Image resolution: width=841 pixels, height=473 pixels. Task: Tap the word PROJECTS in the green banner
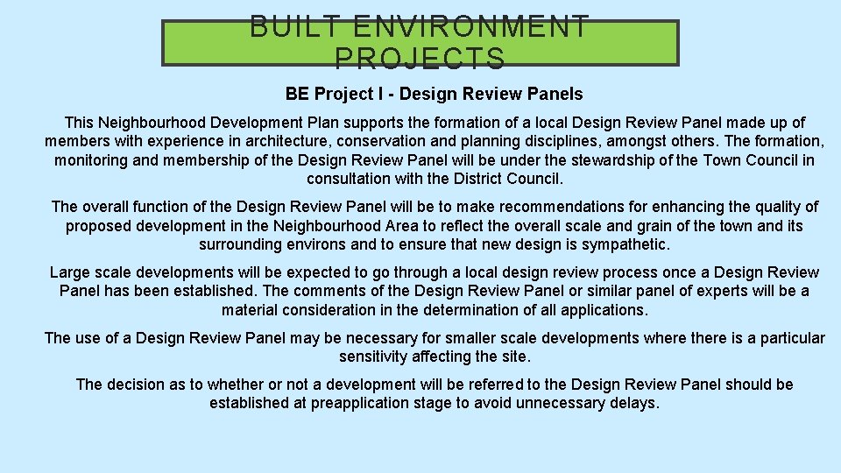click(420, 59)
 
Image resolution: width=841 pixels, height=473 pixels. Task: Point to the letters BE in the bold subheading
click(297, 94)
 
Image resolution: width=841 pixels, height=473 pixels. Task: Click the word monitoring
click(93, 159)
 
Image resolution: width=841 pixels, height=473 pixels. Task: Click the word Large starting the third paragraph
click(70, 272)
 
